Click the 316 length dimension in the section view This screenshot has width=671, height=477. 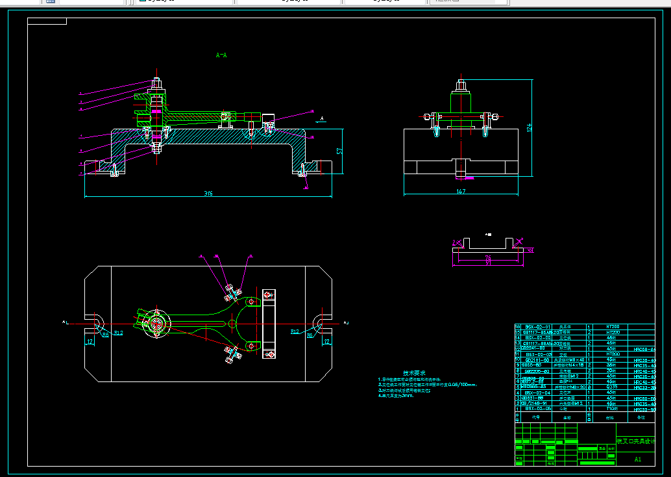coord(208,194)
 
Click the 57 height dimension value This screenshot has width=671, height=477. coord(339,151)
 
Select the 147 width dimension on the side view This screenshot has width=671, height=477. coord(461,192)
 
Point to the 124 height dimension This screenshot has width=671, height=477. coord(529,128)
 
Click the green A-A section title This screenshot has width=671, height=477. coord(221,55)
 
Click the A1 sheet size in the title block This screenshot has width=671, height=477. coord(637,459)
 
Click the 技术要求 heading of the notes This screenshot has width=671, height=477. coord(413,372)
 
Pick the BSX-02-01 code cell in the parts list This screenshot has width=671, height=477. coord(538,326)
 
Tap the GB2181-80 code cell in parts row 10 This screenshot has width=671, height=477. coord(537,359)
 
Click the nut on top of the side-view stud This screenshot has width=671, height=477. coord(460,84)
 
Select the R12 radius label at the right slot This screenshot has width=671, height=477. coord(295,332)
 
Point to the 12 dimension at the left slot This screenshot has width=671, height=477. coord(90,340)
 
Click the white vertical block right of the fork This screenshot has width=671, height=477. coord(269,324)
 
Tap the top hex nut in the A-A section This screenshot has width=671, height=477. coord(156,83)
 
